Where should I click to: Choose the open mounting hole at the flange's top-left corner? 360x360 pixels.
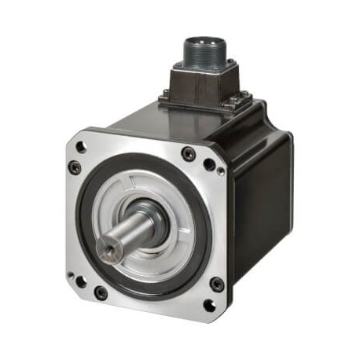point(75,167)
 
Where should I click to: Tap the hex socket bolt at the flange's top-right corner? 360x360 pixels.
point(189,154)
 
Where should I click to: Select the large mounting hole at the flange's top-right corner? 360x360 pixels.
point(209,164)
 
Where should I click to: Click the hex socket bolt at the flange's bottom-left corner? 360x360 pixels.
point(100,293)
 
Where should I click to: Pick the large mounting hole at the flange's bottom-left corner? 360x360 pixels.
point(79,279)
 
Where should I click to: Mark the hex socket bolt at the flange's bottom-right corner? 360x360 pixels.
point(216,285)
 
